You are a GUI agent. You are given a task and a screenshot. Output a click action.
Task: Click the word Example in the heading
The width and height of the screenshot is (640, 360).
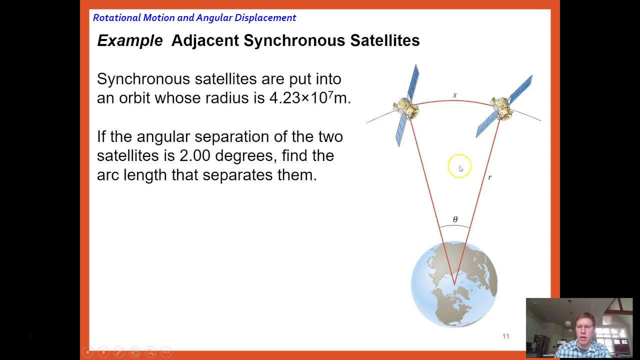coord(129,40)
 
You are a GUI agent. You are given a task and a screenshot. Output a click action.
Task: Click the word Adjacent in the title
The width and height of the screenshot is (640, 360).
coord(205,40)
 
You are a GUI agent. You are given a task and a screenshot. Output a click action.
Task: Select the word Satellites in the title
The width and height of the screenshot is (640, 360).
coord(384,40)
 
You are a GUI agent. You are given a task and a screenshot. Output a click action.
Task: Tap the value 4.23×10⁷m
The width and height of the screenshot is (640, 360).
coord(309,97)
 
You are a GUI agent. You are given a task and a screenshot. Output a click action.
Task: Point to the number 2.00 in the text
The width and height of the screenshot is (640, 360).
coord(194,155)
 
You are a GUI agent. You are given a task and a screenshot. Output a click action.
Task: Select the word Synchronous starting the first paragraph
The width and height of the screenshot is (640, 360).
coord(143,79)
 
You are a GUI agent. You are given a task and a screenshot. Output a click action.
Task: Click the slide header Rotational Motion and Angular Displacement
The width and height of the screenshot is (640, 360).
coord(194,17)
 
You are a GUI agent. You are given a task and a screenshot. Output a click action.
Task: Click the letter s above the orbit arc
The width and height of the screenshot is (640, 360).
coord(454,95)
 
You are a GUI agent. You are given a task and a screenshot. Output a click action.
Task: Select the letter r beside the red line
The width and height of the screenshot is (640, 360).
coord(489,177)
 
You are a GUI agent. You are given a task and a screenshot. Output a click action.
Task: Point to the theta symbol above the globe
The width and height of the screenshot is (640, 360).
coord(455,219)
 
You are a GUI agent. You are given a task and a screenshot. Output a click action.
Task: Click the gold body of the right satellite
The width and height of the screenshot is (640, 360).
coord(501,107)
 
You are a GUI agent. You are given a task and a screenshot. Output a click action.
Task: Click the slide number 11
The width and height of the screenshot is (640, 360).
coord(505,336)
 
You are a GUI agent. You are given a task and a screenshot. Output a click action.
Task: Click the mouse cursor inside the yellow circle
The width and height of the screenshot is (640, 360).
coord(460,169)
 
